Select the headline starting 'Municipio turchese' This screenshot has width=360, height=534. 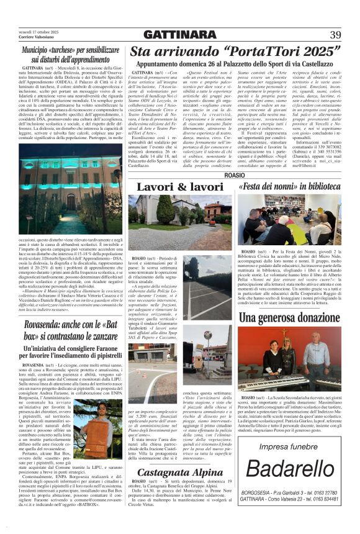pyautogui.click(x=70, y=54)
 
